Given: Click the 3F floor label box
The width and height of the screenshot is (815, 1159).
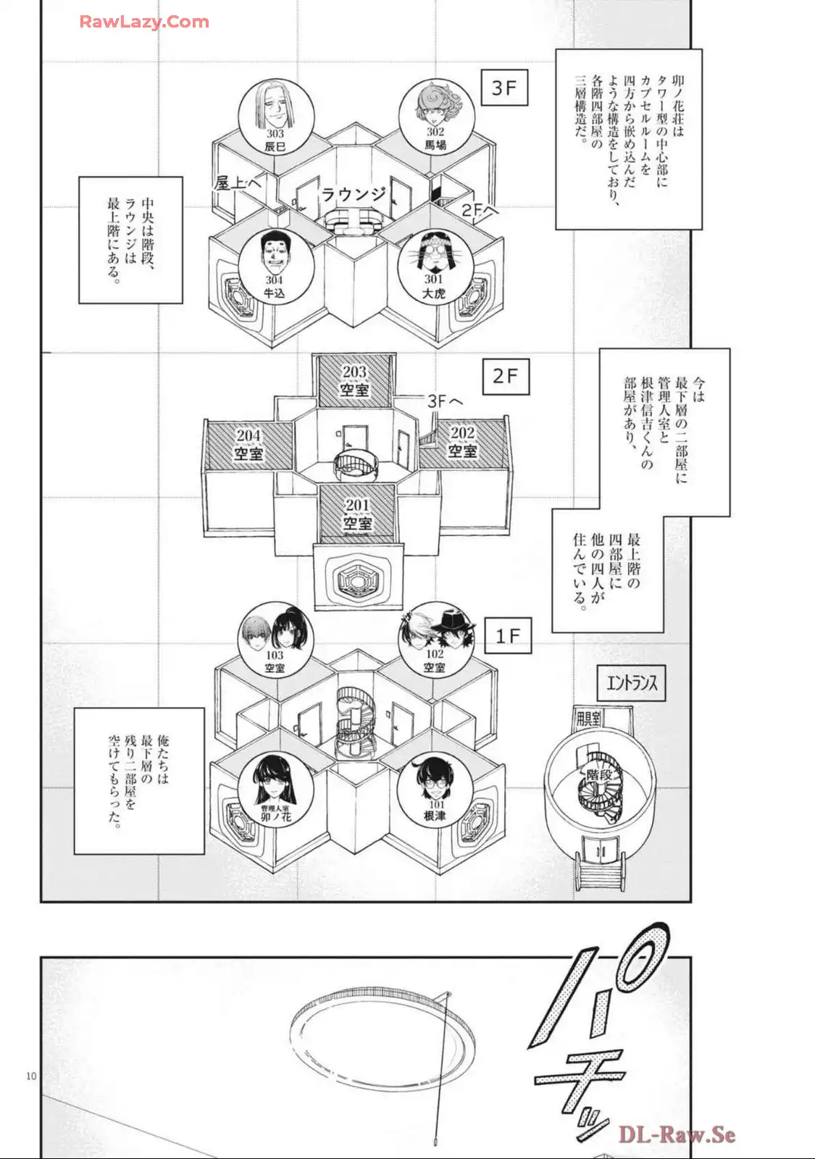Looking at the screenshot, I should click(504, 88).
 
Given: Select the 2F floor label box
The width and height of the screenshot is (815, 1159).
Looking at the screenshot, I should click(506, 376).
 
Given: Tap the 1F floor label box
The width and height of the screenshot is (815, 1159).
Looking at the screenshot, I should click(508, 636).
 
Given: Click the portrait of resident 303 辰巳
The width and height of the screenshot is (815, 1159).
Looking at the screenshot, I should click(276, 117).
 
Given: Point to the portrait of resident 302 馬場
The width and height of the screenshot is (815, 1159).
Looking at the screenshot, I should click(435, 116).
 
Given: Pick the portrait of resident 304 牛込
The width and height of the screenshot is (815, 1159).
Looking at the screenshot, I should click(275, 264).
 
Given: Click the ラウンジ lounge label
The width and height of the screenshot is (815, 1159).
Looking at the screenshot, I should click(354, 195).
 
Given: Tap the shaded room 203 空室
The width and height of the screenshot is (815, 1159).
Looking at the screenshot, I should click(355, 381).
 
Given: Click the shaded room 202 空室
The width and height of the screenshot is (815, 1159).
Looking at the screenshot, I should click(463, 442).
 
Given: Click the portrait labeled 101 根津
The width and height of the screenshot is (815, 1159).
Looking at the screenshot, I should click(435, 789).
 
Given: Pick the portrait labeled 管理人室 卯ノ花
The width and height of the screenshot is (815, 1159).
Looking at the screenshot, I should click(275, 790).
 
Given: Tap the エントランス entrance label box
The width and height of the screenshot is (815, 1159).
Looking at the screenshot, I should click(632, 682).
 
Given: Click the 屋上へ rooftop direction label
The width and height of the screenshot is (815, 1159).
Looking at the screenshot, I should click(236, 184).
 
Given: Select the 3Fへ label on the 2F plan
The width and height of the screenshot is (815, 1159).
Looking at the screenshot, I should click(444, 401).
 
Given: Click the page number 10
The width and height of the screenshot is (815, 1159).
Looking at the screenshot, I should click(31, 1076).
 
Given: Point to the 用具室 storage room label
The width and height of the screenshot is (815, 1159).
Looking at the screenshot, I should click(588, 719).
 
